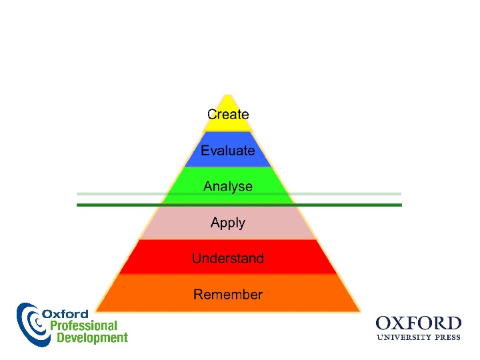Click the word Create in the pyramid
click(x=228, y=115)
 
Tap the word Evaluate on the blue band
click(x=228, y=151)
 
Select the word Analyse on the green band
click(x=228, y=186)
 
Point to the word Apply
click(x=228, y=223)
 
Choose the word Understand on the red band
click(x=228, y=258)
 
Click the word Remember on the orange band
click(x=228, y=294)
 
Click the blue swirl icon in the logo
click(x=30, y=323)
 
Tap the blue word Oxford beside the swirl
click(x=65, y=314)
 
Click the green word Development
click(x=92, y=338)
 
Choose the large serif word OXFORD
click(x=419, y=323)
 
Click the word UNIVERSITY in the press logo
click(x=403, y=337)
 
